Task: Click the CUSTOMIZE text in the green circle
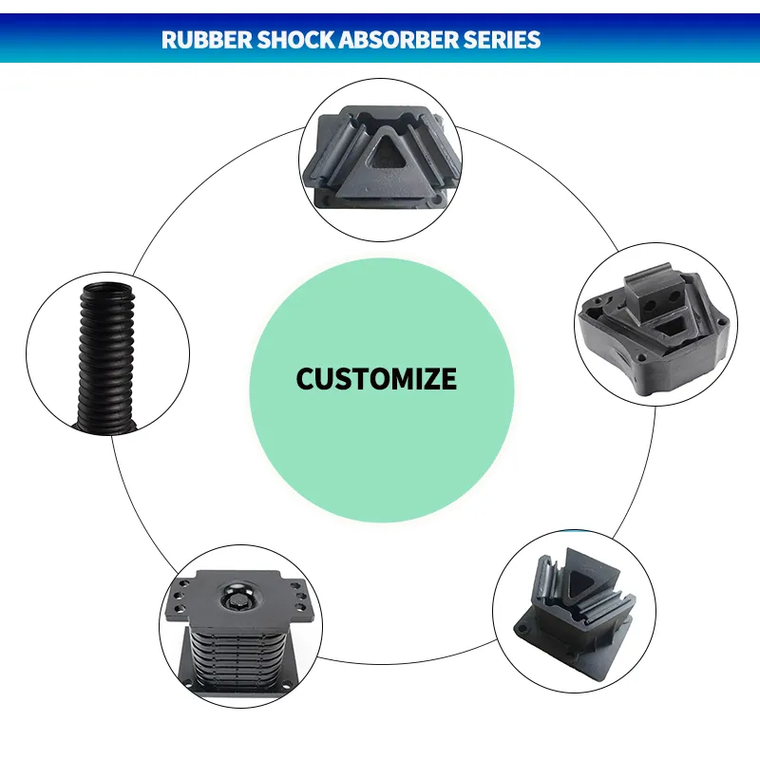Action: (x=376, y=379)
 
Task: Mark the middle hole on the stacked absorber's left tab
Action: (x=178, y=600)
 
